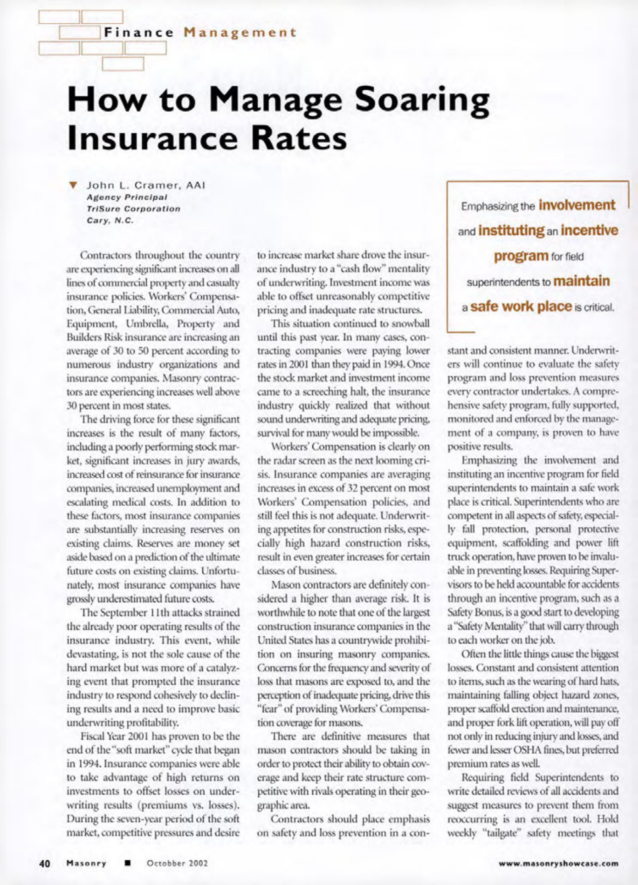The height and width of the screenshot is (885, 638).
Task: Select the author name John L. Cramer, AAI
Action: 146,186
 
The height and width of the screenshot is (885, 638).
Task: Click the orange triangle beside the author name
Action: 72,186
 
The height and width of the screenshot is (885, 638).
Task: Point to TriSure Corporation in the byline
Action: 133,209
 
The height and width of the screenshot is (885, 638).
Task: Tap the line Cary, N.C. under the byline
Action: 110,220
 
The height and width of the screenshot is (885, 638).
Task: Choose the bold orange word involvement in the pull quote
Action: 577,205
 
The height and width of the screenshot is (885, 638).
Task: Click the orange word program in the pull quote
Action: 521,256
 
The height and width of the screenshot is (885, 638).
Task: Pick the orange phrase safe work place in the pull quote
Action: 521,306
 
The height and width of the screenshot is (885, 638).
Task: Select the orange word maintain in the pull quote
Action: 582,281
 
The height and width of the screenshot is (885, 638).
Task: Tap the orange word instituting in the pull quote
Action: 511,230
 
